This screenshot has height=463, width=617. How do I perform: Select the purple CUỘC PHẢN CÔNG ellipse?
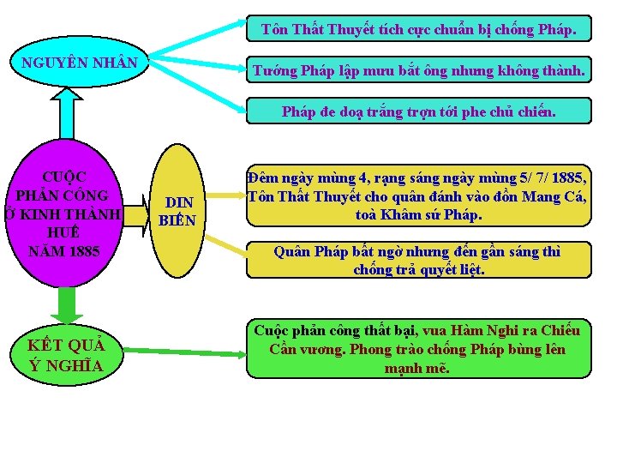[x=64, y=214]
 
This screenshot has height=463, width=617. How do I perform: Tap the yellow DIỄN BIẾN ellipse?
[x=178, y=211]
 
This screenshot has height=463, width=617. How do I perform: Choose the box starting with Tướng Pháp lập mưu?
[x=418, y=71]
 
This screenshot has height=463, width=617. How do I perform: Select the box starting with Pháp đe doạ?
[x=418, y=111]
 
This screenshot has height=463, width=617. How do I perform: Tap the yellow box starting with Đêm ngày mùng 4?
[x=418, y=195]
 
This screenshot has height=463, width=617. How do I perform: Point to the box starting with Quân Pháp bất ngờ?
[x=418, y=260]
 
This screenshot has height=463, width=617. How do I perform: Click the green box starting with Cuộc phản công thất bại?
[x=418, y=349]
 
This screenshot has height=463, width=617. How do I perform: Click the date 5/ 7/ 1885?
[x=541, y=178]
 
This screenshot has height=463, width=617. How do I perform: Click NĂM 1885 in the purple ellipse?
[x=64, y=251]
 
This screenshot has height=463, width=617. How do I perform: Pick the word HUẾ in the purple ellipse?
[x=64, y=232]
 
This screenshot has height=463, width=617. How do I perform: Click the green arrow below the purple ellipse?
[x=63, y=304]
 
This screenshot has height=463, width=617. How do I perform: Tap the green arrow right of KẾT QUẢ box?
[x=189, y=351]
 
